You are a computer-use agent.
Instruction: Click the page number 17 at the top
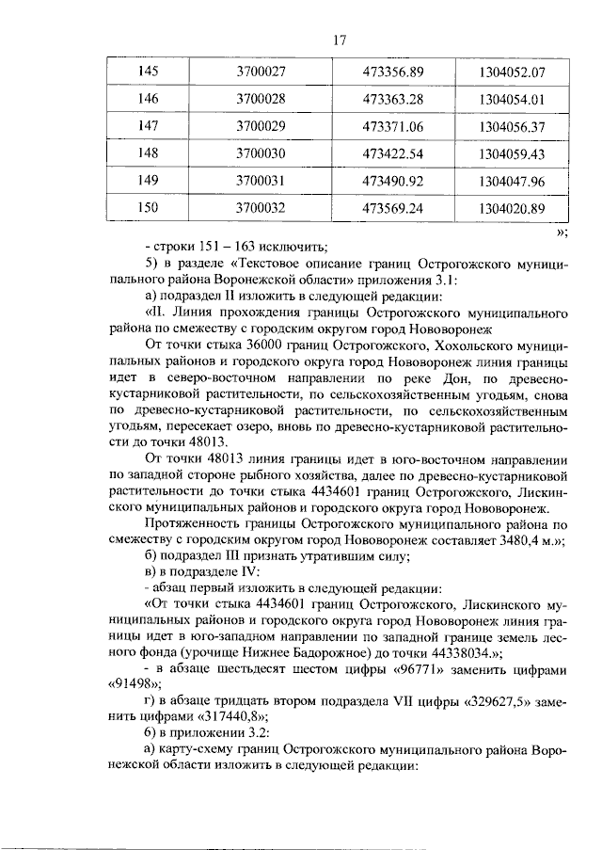[341, 40]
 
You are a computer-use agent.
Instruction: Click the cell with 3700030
[267, 152]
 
